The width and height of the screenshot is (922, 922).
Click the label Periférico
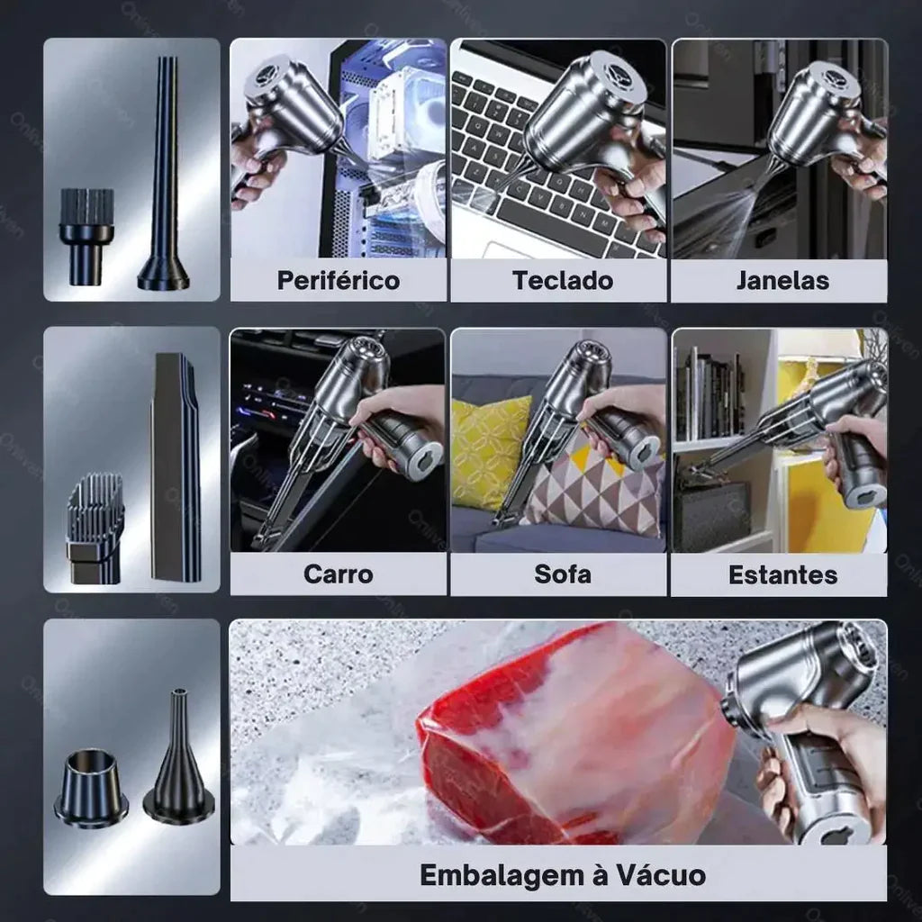pos(338,281)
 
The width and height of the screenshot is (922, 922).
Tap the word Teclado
pos(563,281)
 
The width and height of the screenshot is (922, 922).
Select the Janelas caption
pos(782,281)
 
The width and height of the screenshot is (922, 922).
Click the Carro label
pos(338,574)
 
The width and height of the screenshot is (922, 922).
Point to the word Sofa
pos(563,574)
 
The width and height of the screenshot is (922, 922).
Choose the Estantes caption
pos(782,575)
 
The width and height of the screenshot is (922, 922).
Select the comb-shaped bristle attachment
pos(95,527)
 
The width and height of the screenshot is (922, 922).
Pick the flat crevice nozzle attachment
pos(175,468)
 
